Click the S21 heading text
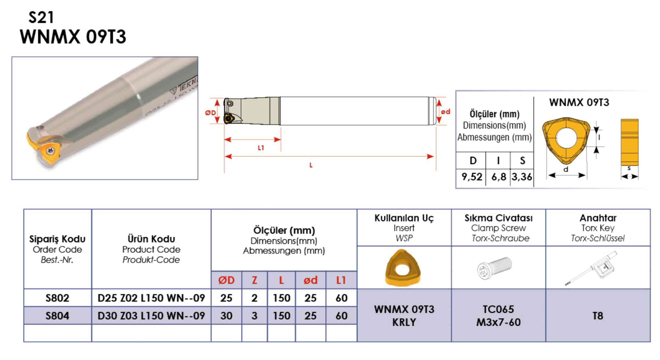41,18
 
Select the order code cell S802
57,298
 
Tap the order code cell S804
57,316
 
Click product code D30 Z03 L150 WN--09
151,316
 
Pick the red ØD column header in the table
226,280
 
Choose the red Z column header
254,280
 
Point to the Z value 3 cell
254,316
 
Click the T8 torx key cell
598,316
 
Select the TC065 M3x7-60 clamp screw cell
498,316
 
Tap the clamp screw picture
495,268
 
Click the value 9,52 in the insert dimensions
471,177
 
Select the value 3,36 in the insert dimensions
522,177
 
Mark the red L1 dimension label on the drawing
261,148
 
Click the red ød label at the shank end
445,112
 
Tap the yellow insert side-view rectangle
629,142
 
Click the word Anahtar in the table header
598,218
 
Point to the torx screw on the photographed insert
51,151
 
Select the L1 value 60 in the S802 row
341,298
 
